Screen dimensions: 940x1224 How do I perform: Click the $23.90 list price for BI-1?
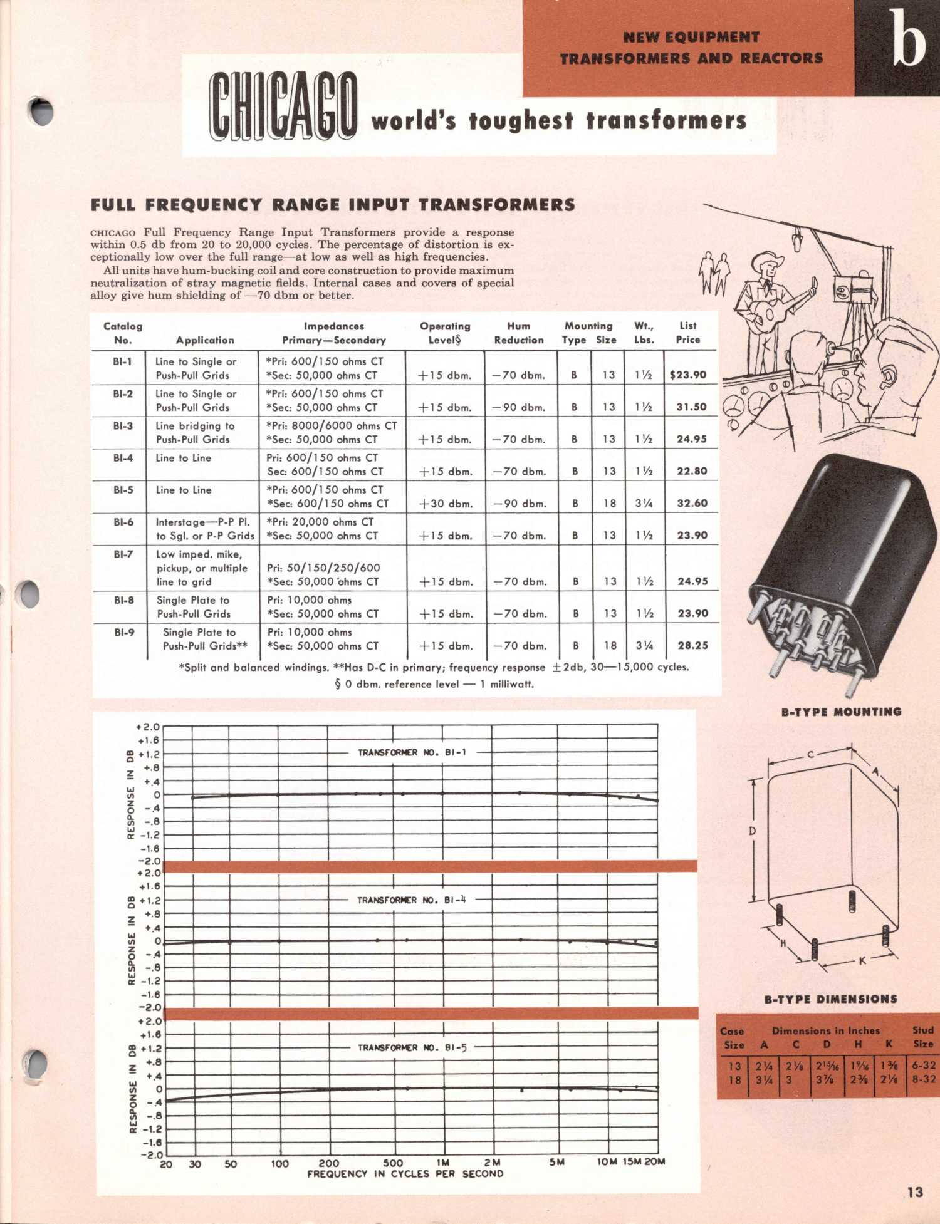(687, 375)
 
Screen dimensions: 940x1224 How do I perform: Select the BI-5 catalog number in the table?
(123, 490)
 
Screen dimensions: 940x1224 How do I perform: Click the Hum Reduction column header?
(519, 333)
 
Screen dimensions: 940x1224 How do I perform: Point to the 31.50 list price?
(691, 407)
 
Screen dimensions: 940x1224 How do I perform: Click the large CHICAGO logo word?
(283, 105)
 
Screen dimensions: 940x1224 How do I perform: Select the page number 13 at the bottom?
(915, 1192)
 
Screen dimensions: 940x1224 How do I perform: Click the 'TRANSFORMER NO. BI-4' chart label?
(412, 900)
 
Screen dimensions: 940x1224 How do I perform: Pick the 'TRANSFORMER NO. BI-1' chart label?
(412, 752)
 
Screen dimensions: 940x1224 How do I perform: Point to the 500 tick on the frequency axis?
(393, 1163)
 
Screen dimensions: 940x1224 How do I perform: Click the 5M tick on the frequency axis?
(556, 1162)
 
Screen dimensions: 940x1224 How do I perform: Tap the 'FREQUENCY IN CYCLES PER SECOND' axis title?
(405, 1174)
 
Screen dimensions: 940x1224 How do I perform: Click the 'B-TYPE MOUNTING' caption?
(841, 712)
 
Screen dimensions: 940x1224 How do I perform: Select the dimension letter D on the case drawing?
(752, 831)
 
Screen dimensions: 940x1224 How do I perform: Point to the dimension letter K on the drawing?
(862, 960)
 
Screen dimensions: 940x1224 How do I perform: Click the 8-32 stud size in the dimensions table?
(924, 1079)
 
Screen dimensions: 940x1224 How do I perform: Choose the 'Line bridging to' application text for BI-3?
(195, 426)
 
